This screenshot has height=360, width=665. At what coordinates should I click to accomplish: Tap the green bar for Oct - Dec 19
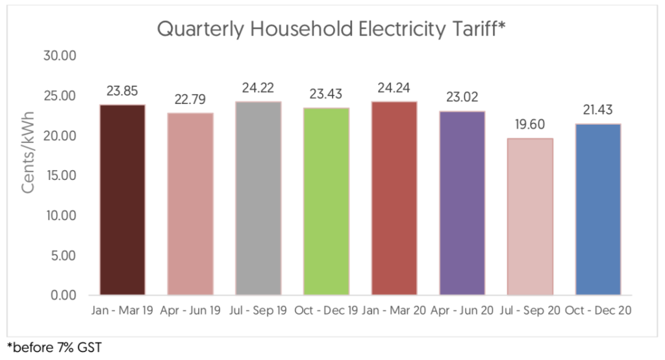point(326,201)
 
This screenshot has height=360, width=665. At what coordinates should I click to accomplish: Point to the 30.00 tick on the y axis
point(60,57)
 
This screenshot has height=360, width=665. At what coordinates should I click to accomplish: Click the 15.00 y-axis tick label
point(60,175)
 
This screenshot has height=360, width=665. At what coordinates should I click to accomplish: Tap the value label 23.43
point(326,94)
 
